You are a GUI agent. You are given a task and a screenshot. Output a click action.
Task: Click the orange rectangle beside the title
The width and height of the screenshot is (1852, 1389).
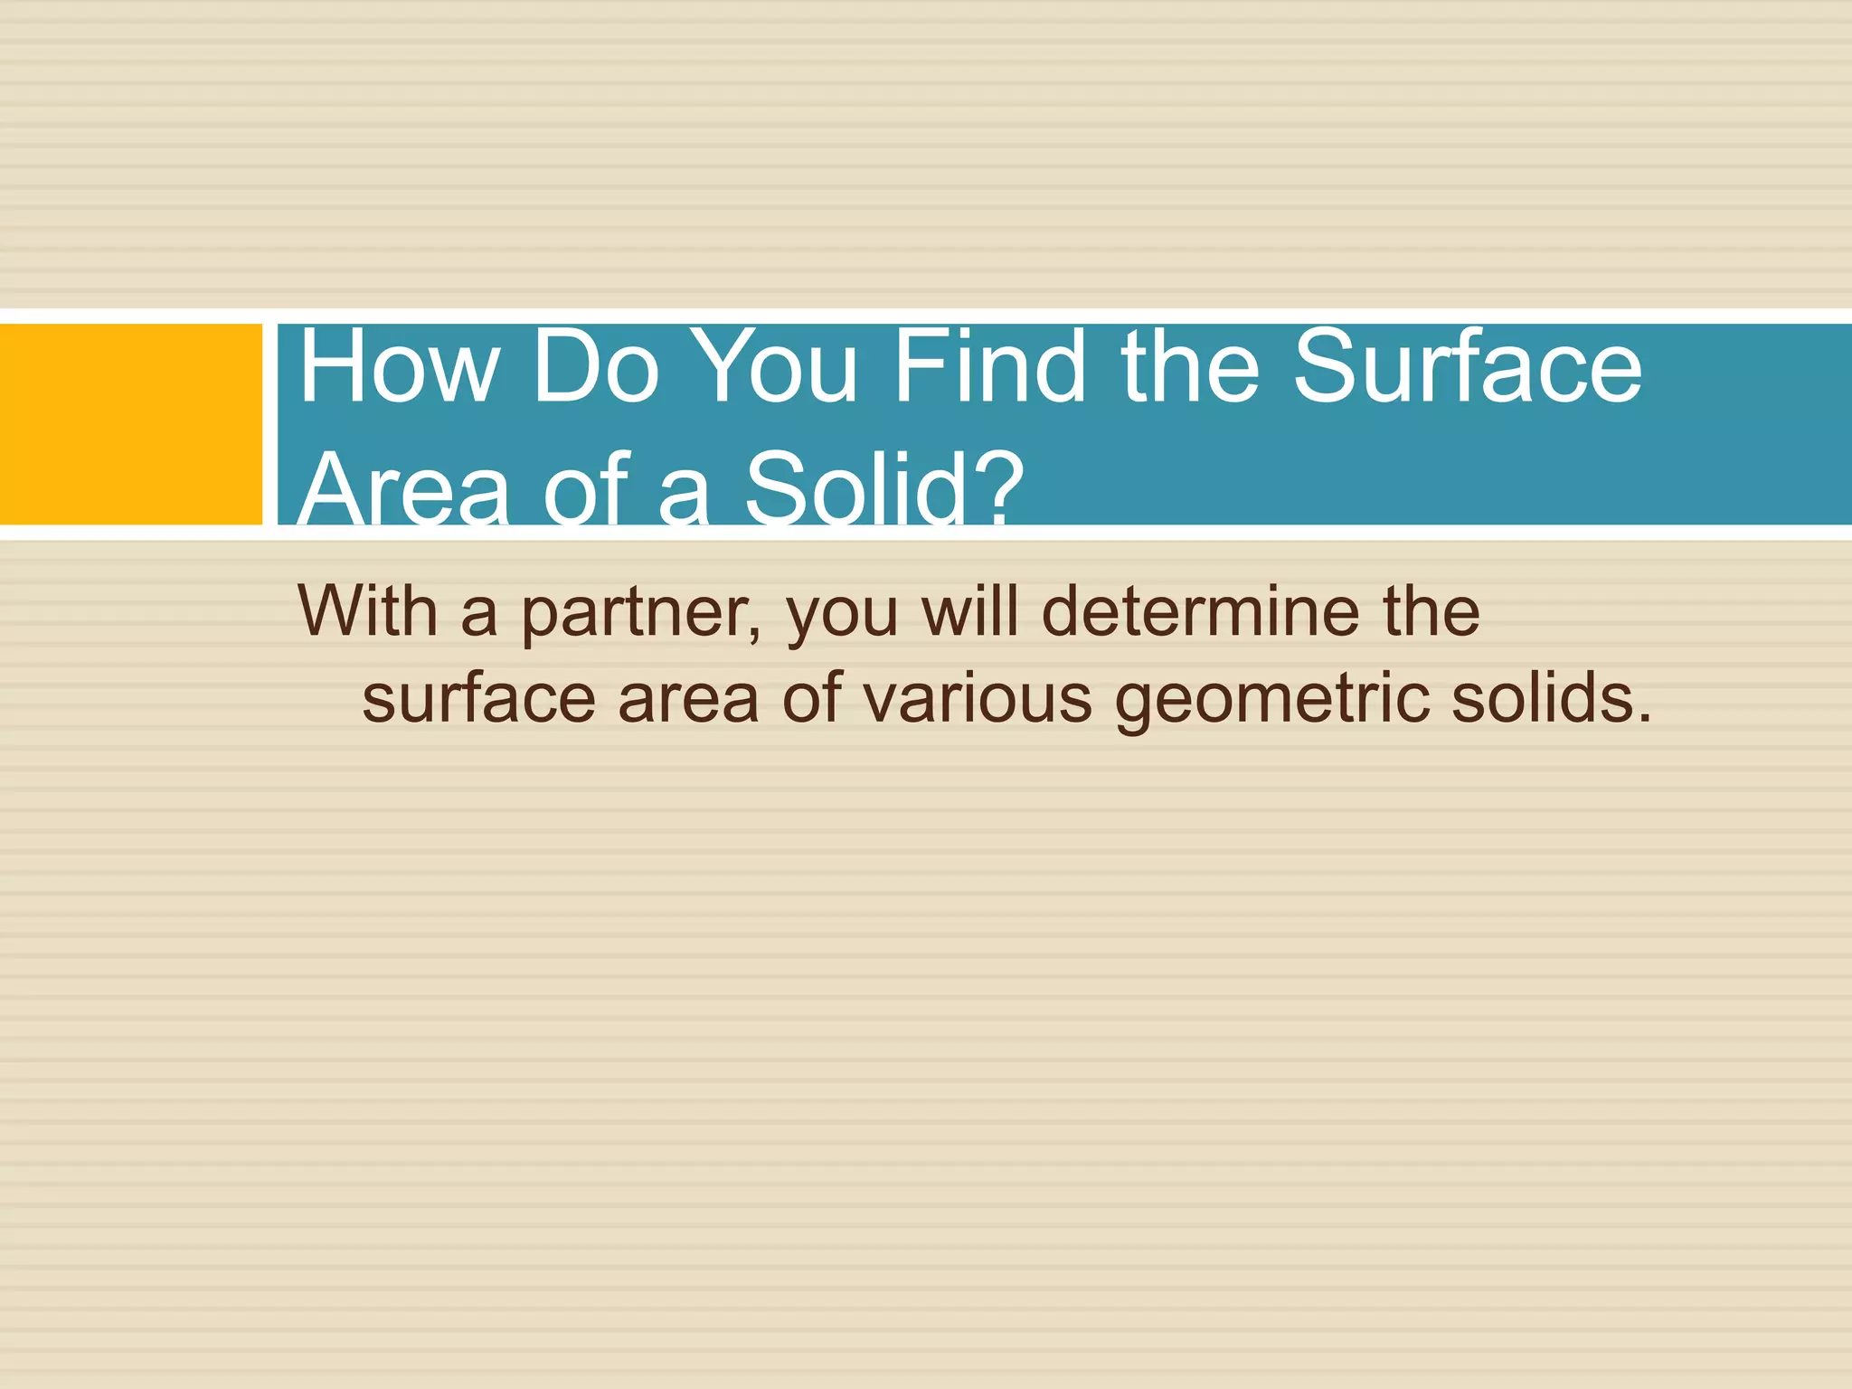click(130, 424)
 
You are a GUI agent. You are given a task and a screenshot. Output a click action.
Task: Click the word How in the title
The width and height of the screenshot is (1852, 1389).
click(398, 368)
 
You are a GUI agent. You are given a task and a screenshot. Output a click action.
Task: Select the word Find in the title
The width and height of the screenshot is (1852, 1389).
click(989, 368)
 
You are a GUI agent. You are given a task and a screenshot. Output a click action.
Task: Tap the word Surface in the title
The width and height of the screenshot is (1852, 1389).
click(1467, 368)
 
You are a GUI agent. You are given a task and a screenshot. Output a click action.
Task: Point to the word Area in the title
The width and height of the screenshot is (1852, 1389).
click(403, 489)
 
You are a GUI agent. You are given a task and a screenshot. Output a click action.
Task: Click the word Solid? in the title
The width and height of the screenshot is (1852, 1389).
click(883, 489)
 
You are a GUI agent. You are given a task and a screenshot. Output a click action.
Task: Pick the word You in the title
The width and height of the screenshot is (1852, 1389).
click(778, 368)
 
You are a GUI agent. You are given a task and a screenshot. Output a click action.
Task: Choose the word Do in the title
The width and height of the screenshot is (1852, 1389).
click(595, 368)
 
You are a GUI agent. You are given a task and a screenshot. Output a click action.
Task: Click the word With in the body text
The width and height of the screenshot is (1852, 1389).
click(368, 611)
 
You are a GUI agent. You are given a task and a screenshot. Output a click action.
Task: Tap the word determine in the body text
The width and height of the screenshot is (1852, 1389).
click(1201, 611)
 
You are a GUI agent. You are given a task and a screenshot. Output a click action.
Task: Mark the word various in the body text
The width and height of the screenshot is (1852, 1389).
click(977, 699)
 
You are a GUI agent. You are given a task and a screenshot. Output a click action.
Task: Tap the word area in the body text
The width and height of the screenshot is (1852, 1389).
click(689, 699)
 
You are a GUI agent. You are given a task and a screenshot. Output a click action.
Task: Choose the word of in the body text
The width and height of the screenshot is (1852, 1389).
click(813, 699)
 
